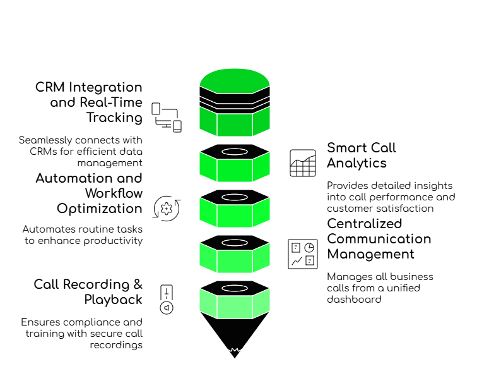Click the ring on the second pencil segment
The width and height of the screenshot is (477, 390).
(235, 152)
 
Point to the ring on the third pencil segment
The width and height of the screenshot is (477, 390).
(235, 198)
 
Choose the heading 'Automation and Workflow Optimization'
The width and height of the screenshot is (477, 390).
(91, 193)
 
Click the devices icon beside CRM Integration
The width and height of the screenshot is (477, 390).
(167, 118)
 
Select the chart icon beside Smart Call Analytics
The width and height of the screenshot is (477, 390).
(303, 163)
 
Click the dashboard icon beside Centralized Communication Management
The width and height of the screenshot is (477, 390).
(303, 254)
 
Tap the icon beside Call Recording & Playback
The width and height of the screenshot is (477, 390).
(167, 298)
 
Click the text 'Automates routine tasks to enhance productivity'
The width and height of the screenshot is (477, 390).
(85, 235)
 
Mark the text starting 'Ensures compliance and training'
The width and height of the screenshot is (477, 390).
(83, 334)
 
